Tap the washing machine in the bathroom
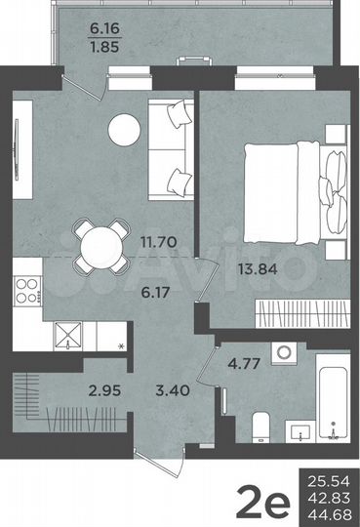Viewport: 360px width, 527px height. click(x=285, y=351)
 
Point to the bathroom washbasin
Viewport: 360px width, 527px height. click(x=297, y=429)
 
